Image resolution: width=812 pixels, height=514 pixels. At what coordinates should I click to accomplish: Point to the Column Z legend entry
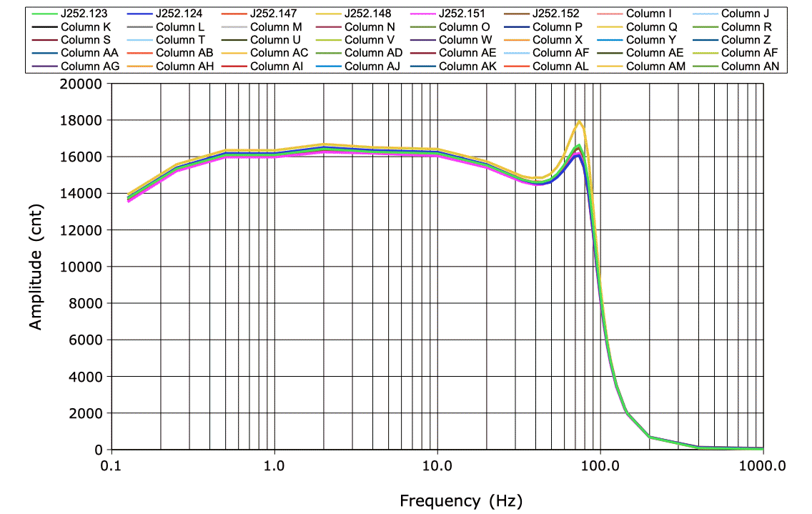pyautogui.click(x=744, y=39)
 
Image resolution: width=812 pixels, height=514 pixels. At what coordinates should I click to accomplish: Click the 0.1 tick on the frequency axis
pyautogui.click(x=112, y=465)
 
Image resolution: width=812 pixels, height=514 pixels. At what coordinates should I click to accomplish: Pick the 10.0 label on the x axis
pyautogui.click(x=437, y=465)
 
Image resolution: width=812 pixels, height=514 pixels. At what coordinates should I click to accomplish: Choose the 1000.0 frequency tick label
pyautogui.click(x=763, y=465)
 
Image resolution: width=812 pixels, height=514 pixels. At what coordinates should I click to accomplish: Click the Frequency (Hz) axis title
pyautogui.click(x=460, y=500)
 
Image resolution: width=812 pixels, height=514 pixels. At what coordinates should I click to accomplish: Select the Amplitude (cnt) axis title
pyautogui.click(x=36, y=266)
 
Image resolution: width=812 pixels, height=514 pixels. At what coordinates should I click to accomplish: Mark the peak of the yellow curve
pyautogui.click(x=580, y=122)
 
